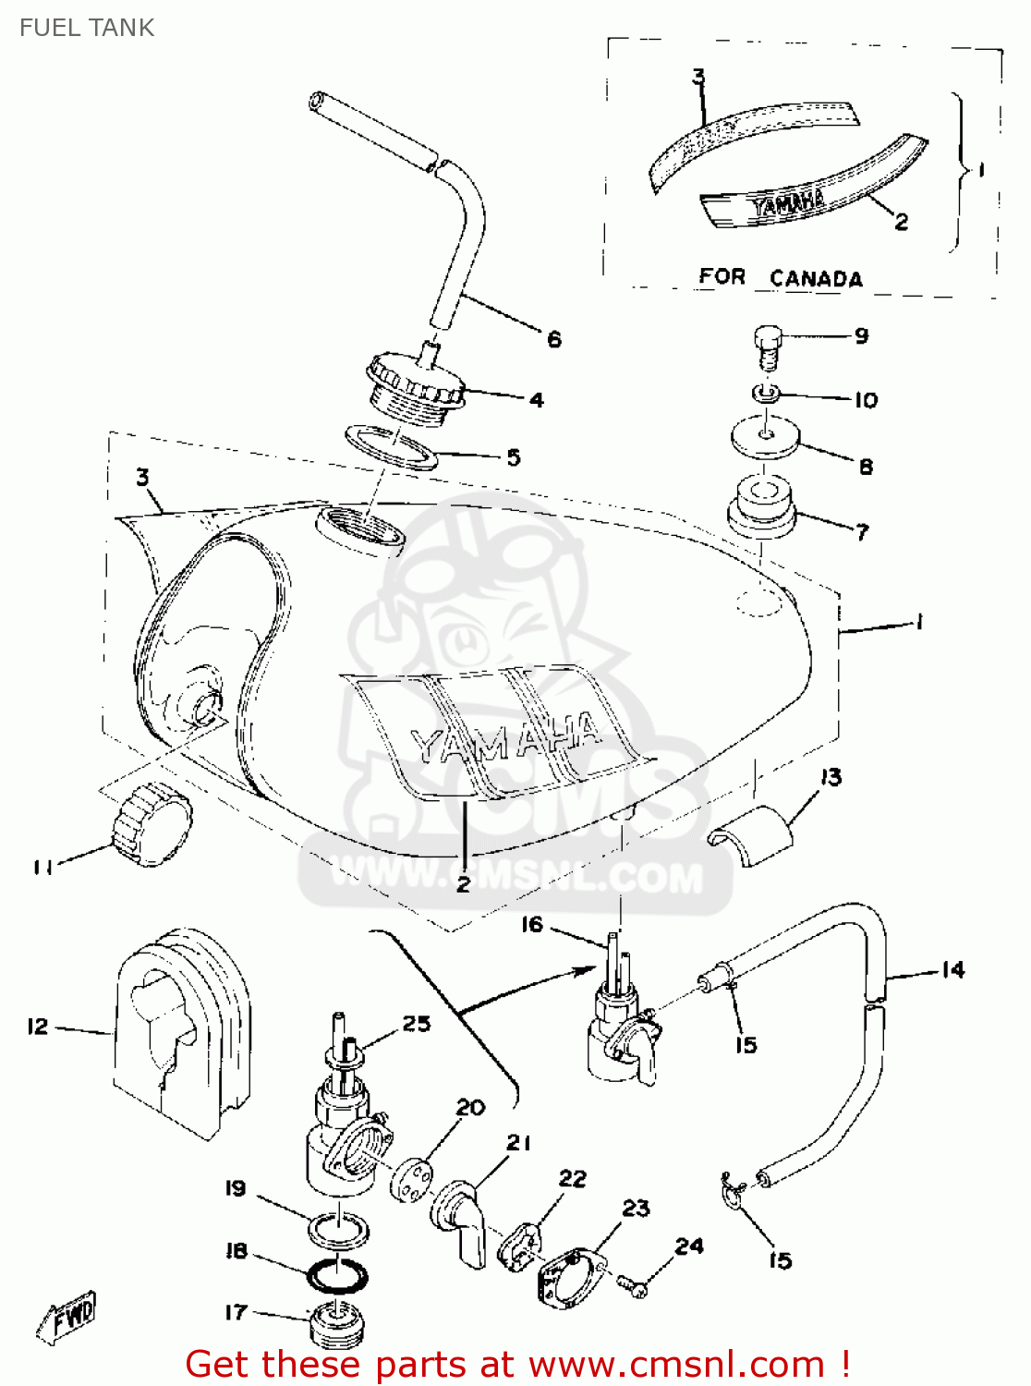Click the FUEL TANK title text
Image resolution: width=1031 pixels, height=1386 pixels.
87,28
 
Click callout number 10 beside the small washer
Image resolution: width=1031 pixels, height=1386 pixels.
865,400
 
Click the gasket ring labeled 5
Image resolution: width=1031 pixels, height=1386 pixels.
392,447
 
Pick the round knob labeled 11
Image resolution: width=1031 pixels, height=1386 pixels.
152,822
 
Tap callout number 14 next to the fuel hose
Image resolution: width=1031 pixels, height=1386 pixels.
952,969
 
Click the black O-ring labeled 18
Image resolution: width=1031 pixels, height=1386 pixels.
337,1276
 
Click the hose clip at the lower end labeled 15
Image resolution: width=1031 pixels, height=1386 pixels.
734,1192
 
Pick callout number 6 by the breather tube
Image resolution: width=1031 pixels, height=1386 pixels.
554,339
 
